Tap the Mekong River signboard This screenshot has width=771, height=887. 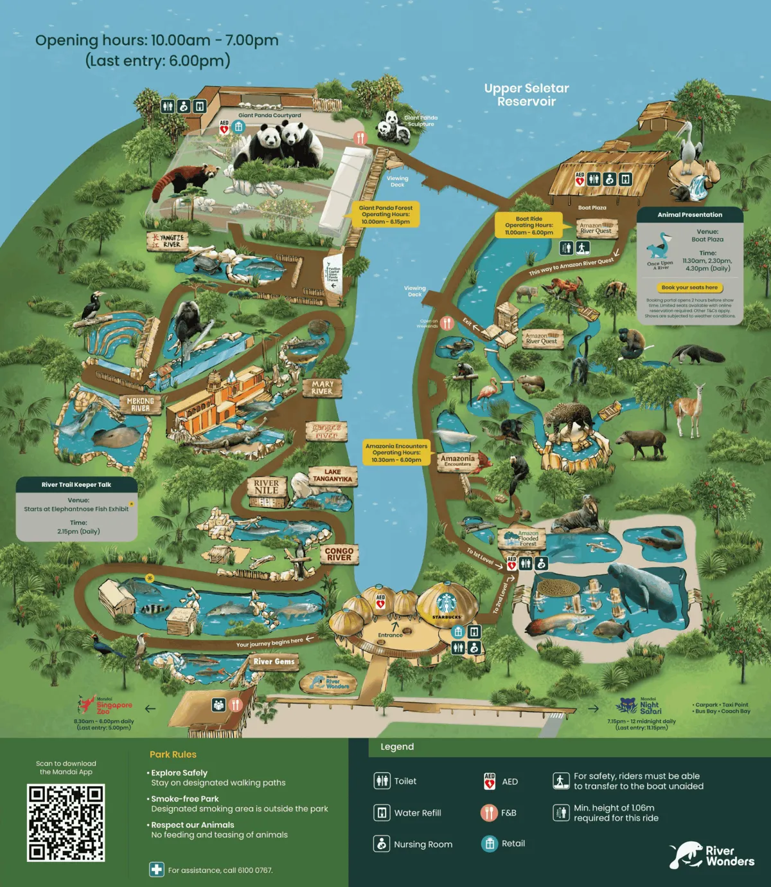(x=140, y=404)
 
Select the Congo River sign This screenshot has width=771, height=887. (x=339, y=554)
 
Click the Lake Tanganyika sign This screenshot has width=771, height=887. (x=332, y=475)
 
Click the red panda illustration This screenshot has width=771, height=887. (x=183, y=180)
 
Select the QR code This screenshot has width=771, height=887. (x=66, y=823)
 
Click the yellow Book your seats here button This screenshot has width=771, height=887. (x=689, y=288)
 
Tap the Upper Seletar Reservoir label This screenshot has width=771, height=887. (x=526, y=95)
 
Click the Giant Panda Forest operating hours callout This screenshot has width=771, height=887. (x=385, y=215)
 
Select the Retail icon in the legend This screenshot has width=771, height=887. (x=490, y=844)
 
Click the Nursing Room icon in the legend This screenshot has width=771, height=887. (x=382, y=844)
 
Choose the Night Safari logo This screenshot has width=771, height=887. (x=639, y=706)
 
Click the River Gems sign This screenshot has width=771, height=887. (x=274, y=661)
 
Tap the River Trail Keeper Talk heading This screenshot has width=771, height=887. (x=76, y=484)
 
